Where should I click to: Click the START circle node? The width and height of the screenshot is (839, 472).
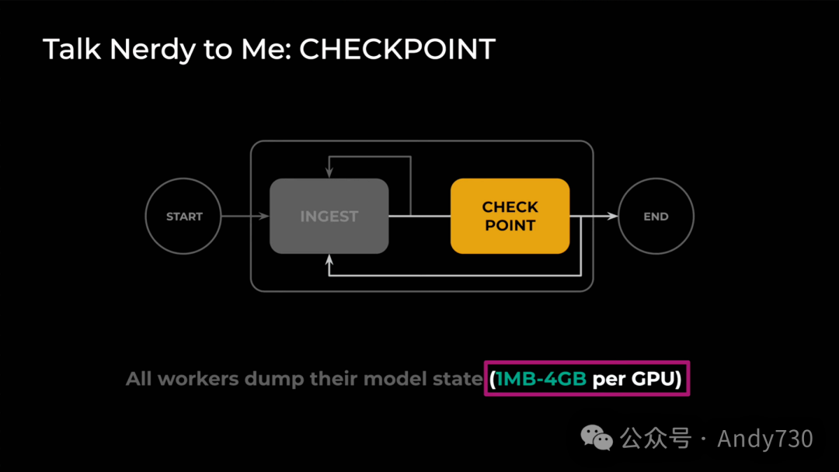[x=184, y=217]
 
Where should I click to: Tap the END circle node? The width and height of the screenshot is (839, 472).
[x=656, y=217]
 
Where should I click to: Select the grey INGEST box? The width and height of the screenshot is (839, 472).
[x=329, y=216]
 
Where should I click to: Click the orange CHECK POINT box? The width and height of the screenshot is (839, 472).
[x=510, y=216]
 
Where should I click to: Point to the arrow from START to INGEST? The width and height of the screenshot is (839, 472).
[x=245, y=217]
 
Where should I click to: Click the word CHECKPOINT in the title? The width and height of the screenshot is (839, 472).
[x=397, y=50]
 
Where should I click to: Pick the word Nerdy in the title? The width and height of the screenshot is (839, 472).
[x=151, y=50]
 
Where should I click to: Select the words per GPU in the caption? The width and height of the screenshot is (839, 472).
[x=636, y=380]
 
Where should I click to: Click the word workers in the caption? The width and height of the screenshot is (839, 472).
[x=198, y=380]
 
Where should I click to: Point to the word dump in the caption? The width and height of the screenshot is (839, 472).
[x=273, y=380]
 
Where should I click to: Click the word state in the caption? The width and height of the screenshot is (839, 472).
[x=461, y=380]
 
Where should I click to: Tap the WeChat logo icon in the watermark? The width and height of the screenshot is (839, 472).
[x=597, y=439]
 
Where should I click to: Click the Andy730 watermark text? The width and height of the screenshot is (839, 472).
[x=765, y=439]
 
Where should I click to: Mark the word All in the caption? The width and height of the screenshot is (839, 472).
[x=139, y=380]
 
